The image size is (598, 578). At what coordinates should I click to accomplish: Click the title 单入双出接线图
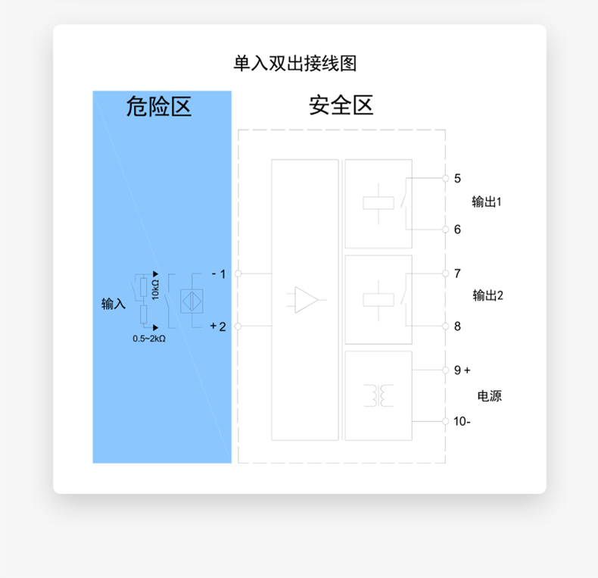[x=295, y=64]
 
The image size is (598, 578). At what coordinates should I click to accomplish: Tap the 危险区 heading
[x=159, y=106]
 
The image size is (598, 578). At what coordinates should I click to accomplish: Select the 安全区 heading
[x=341, y=105]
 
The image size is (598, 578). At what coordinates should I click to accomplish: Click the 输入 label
[x=114, y=304]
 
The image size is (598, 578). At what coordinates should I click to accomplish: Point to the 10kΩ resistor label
[x=155, y=289]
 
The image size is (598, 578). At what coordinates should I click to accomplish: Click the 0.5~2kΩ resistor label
[x=149, y=339]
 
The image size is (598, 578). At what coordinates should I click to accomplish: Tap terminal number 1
[x=223, y=273]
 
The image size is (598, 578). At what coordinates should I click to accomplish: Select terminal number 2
[x=223, y=326]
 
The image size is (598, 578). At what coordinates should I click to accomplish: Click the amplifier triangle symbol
[x=307, y=300]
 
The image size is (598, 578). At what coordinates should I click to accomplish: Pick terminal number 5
[x=457, y=178]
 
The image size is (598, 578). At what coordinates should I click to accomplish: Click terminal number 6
[x=457, y=230]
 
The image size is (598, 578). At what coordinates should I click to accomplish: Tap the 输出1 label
[x=487, y=202]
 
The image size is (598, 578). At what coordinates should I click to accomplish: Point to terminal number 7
[x=457, y=273]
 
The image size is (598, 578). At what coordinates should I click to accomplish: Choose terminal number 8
[x=457, y=326]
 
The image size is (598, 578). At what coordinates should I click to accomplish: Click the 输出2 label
[x=487, y=295]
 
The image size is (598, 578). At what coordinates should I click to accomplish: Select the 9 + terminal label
[x=462, y=370]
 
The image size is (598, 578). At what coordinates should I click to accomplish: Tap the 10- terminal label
[x=462, y=421]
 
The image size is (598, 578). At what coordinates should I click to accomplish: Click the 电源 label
[x=490, y=396]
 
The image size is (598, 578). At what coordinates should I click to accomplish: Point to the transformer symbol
[x=378, y=396]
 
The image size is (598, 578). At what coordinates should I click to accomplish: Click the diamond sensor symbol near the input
[x=192, y=301]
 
